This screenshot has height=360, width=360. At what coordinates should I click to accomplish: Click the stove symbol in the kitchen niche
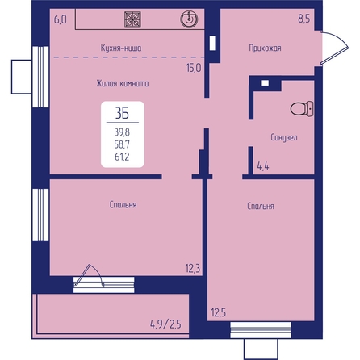pos(133,19)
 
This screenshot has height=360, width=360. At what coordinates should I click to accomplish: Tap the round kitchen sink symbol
pos(189,19)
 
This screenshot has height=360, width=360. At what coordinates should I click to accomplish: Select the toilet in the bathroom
pos(302,109)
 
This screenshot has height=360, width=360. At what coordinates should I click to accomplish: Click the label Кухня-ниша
pos(121,48)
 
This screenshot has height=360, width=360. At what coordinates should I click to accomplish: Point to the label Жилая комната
pos(123,83)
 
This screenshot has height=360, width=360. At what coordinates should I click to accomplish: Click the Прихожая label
pos(265,48)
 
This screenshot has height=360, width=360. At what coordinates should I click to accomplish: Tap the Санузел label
pos(284,137)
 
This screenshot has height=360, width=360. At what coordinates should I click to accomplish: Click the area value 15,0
pos(194,68)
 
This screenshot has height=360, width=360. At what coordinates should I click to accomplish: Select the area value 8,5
pos(304,19)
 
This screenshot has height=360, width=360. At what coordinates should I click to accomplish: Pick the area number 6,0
pos(61,19)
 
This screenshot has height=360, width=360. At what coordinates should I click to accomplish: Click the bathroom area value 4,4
pos(263,166)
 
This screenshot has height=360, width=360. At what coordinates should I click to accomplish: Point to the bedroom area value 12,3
pos(193,268)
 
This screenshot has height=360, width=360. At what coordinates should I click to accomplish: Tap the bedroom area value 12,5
pos(218,312)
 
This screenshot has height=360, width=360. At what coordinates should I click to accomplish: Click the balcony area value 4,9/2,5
pos(165,324)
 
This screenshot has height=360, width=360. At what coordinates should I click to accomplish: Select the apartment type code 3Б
pos(123,113)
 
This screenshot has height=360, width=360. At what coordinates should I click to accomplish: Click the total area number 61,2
pos(122,157)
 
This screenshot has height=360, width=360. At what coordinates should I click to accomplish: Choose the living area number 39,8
pos(122,132)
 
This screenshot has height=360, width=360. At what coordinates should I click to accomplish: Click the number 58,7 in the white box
pos(122,144)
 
